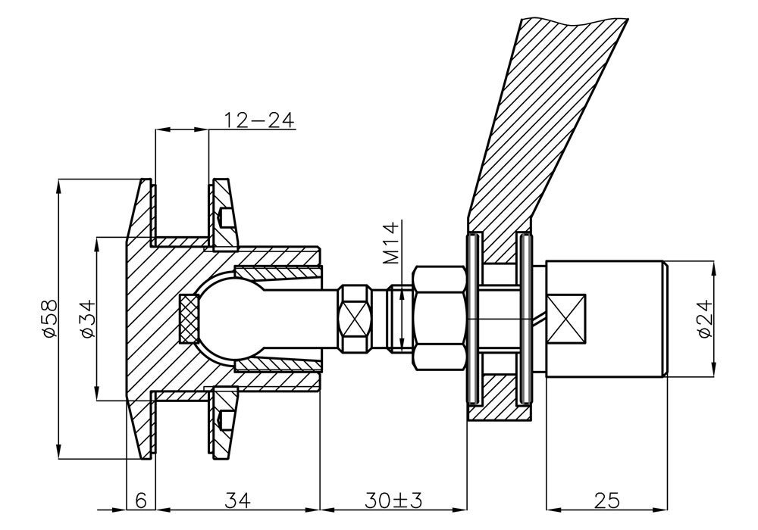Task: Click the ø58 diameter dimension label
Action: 49,319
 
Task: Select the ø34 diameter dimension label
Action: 87,319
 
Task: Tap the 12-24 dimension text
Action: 259,120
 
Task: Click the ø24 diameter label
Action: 705,319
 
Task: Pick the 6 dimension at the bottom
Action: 141,500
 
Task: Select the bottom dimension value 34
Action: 238,500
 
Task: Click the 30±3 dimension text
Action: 393,500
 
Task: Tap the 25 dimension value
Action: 607,500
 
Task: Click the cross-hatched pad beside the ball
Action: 189,319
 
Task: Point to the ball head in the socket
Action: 226,319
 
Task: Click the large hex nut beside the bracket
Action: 439,319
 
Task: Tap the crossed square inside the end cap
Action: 566,319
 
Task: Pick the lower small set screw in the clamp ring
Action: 224,420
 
